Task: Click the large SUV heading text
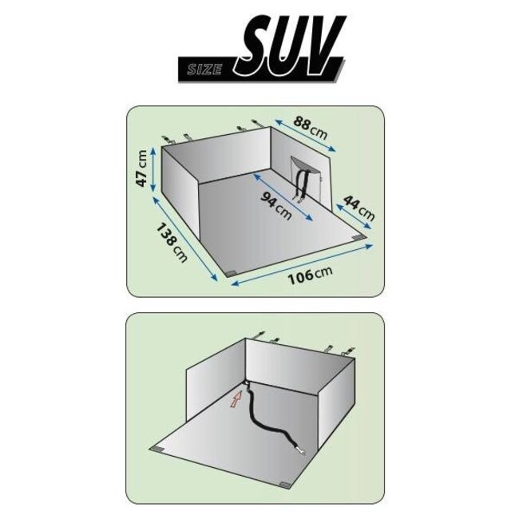click(288, 44)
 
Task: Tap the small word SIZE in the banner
click(204, 69)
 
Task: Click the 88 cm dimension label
click(310, 128)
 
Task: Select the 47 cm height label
click(142, 168)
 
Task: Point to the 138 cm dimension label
click(172, 243)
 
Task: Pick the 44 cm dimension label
click(359, 208)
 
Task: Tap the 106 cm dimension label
click(310, 275)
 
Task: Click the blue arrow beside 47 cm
click(153, 169)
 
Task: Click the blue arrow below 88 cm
click(305, 136)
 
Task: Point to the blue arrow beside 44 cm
click(353, 216)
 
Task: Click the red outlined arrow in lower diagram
click(236, 399)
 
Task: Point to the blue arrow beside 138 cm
click(184, 239)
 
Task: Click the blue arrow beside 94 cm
click(283, 196)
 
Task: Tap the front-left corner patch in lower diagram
click(157, 450)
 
